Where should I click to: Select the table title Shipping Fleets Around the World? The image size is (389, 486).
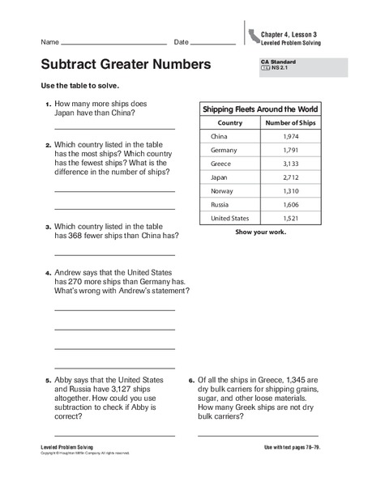pos(259,109)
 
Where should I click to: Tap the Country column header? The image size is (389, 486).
pos(230,123)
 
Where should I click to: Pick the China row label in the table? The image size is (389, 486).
pos(219,137)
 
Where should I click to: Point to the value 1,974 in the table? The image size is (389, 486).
pos(290,137)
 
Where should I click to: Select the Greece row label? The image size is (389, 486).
pos(220,164)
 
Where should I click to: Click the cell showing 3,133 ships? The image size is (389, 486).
pos(290,164)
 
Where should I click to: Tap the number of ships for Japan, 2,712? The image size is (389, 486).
pos(290,177)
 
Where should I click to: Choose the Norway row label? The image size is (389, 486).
pos(222,191)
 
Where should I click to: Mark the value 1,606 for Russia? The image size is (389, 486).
pos(290,205)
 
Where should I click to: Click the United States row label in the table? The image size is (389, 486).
pos(230,219)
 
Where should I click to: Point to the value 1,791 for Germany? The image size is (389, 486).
pos(290,151)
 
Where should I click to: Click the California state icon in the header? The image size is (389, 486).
pos(255,35)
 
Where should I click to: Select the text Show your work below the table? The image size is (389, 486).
pos(259,232)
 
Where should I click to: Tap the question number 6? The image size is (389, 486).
pos(190,379)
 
